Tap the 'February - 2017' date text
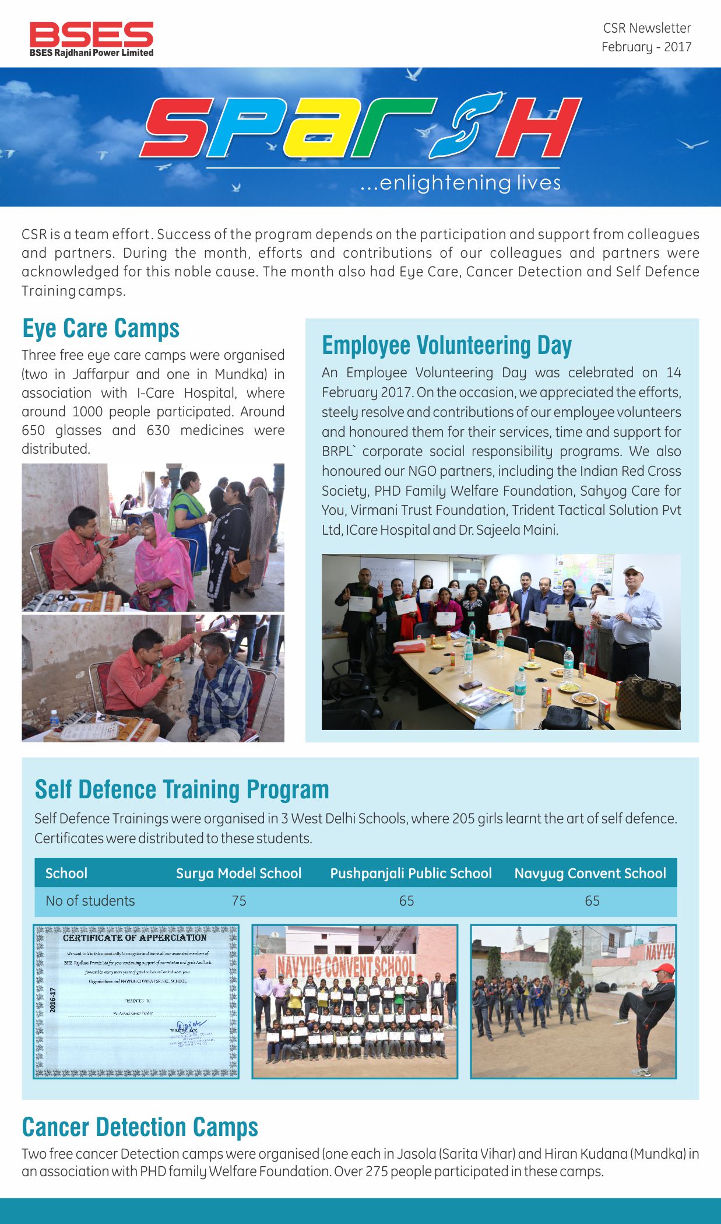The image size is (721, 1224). click(646, 47)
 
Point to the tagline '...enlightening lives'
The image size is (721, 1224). click(460, 183)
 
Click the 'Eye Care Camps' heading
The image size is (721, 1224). click(101, 328)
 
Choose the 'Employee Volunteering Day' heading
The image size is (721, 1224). click(446, 345)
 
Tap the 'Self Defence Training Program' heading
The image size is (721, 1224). click(182, 790)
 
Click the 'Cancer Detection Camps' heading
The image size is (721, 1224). click(140, 1127)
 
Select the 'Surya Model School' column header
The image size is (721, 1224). click(238, 873)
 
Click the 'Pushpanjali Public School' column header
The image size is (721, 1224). click(411, 873)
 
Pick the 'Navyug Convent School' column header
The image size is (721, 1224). click(590, 873)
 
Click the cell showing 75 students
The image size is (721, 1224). click(239, 901)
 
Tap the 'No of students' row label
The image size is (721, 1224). click(90, 901)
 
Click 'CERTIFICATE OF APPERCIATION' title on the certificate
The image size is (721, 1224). click(135, 938)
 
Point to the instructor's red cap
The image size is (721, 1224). click(663, 969)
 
